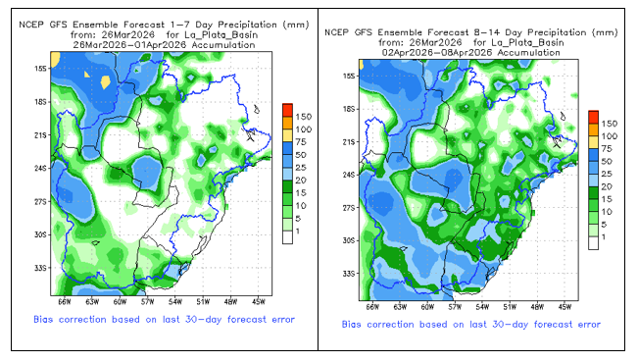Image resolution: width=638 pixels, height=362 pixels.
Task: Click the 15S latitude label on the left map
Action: click(x=41, y=69)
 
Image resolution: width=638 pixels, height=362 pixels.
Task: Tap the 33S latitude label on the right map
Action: click(x=349, y=274)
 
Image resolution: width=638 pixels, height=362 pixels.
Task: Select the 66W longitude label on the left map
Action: click(x=65, y=302)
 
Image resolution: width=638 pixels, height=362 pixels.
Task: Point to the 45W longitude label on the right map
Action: click(x=564, y=307)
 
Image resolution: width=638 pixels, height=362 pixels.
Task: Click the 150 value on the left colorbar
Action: click(x=304, y=117)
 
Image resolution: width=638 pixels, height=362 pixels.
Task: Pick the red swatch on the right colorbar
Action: click(x=593, y=117)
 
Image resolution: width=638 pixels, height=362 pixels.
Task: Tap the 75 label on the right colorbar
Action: click(x=606, y=149)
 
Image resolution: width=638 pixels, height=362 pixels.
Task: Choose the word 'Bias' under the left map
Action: click(x=43, y=319)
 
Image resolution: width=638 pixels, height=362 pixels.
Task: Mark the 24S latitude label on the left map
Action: click(x=41, y=168)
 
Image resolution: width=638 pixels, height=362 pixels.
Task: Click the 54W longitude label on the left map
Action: click(x=175, y=302)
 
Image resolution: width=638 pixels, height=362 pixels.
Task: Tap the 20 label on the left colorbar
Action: click(x=301, y=181)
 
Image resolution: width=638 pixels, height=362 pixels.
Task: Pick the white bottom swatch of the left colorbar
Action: click(x=288, y=237)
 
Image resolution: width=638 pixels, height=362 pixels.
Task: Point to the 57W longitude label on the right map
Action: click(x=455, y=307)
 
